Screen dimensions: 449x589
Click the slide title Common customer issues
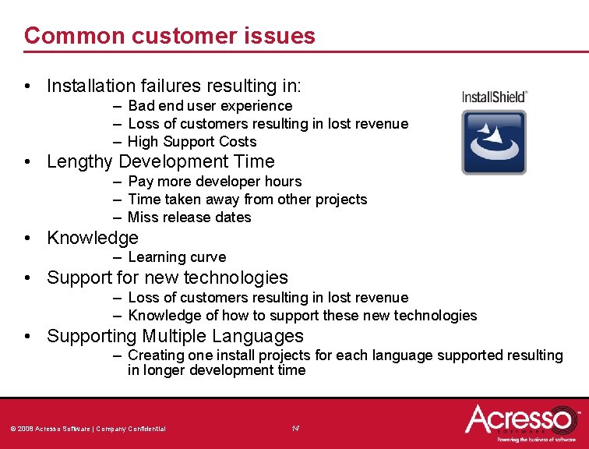pyautogui.click(x=169, y=36)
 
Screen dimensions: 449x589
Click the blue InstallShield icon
pyautogui.click(x=493, y=142)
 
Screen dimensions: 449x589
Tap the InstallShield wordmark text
pyautogui.click(x=494, y=97)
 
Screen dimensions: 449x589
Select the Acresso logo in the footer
pyautogui.click(x=520, y=422)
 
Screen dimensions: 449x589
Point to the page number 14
pyautogui.click(x=295, y=428)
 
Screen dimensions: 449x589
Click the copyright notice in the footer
pyautogui.click(x=87, y=429)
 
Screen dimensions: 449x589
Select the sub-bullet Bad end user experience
pyautogui.click(x=210, y=106)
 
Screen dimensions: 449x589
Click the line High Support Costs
pyautogui.click(x=192, y=142)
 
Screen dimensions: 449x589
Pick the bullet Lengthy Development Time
pyautogui.click(x=160, y=162)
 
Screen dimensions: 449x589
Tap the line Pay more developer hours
pyautogui.click(x=214, y=182)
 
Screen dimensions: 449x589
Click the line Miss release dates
pyautogui.click(x=189, y=217)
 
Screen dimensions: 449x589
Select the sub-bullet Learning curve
pyautogui.click(x=177, y=257)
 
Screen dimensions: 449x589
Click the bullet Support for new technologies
pyautogui.click(x=167, y=278)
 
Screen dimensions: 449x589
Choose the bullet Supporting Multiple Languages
pyautogui.click(x=175, y=337)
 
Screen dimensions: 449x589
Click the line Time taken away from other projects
pyautogui.click(x=247, y=200)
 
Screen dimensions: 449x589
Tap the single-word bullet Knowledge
pyautogui.click(x=92, y=239)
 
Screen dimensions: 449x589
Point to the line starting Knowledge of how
pyautogui.click(x=302, y=316)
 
